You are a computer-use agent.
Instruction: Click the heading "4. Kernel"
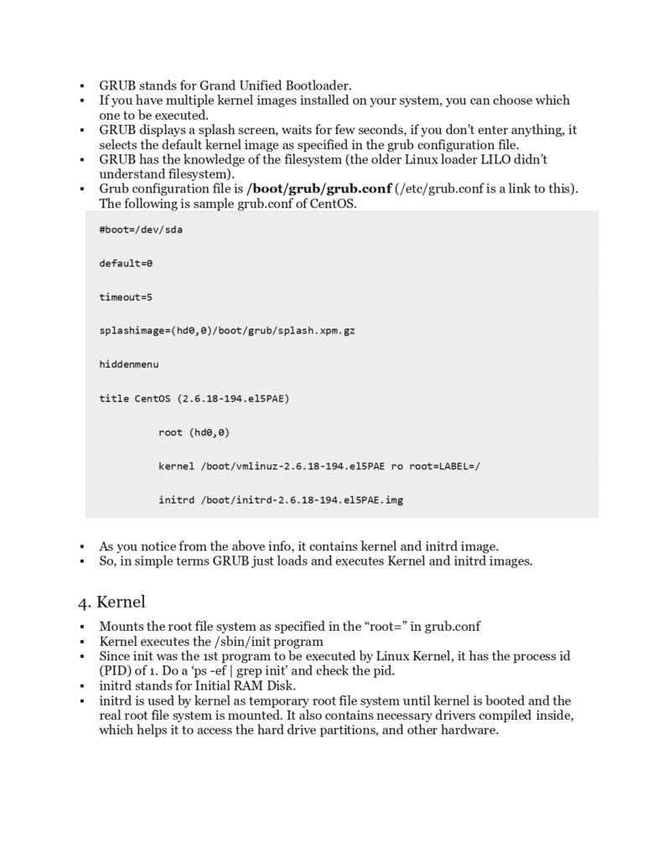tap(111, 602)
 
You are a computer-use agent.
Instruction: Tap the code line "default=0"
tap(126, 263)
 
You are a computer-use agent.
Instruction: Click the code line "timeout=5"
tap(126, 297)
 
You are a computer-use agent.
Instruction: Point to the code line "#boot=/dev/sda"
tap(140, 229)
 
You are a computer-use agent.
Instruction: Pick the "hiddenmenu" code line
tap(128, 364)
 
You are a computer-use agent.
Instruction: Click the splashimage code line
tap(226, 331)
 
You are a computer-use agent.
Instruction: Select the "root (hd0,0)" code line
tap(194, 432)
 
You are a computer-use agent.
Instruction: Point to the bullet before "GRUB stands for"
tap(82, 86)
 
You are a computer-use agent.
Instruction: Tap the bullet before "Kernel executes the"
tap(82, 643)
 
